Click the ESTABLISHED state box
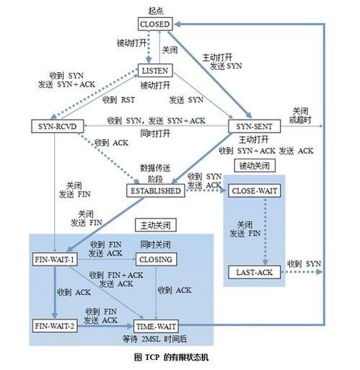[154, 191]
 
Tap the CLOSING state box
[157, 259]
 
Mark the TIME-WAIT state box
[157, 326]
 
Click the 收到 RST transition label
[118, 100]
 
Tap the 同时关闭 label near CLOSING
[155, 245]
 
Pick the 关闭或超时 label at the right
[302, 115]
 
